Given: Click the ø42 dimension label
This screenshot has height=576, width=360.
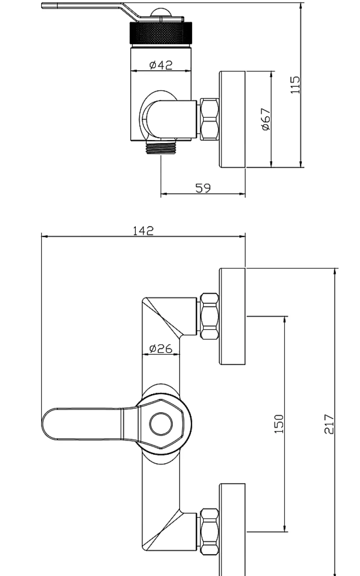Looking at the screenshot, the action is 161,65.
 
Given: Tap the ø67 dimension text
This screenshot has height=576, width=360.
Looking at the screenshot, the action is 266,119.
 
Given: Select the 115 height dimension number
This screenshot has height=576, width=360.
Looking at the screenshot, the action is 295,85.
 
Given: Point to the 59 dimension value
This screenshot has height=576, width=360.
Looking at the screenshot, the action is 203,188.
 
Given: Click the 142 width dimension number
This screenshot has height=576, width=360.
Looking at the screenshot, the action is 143,231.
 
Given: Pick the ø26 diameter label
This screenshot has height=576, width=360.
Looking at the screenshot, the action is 161,349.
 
